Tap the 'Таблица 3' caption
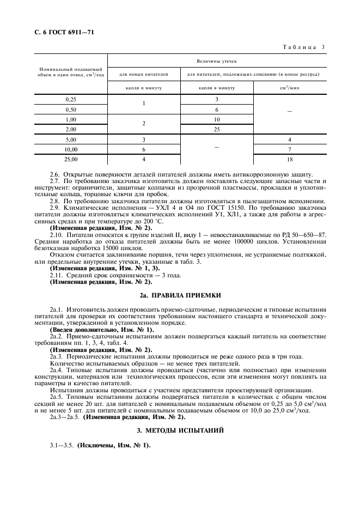click(303, 47)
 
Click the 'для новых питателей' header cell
click(143, 74)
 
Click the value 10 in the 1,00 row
click(216, 119)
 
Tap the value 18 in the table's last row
click(290, 159)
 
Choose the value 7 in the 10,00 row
click(290, 149)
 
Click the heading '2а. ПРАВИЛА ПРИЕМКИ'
click(180, 295)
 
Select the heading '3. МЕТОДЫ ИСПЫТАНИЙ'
click(180, 430)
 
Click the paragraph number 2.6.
click(55, 176)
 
